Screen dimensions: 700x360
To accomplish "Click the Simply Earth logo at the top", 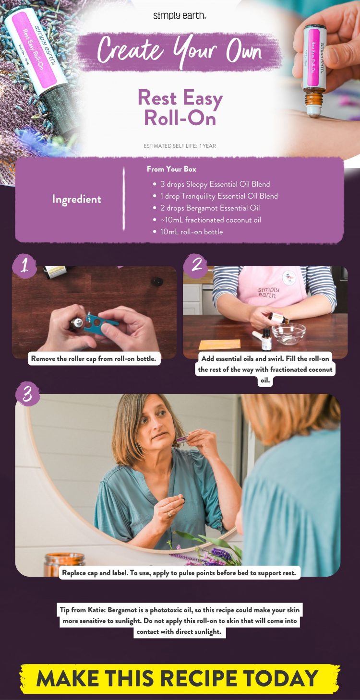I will click(x=180, y=16).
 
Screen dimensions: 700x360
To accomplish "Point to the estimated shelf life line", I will click(x=180, y=146).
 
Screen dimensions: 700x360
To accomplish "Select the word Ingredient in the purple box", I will click(x=77, y=199).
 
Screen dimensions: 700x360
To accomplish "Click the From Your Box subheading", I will click(x=171, y=169).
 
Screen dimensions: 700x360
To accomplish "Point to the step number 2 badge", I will click(x=196, y=265).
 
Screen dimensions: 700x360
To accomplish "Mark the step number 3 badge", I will click(x=27, y=394).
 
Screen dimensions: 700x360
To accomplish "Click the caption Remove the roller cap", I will click(x=94, y=358).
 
